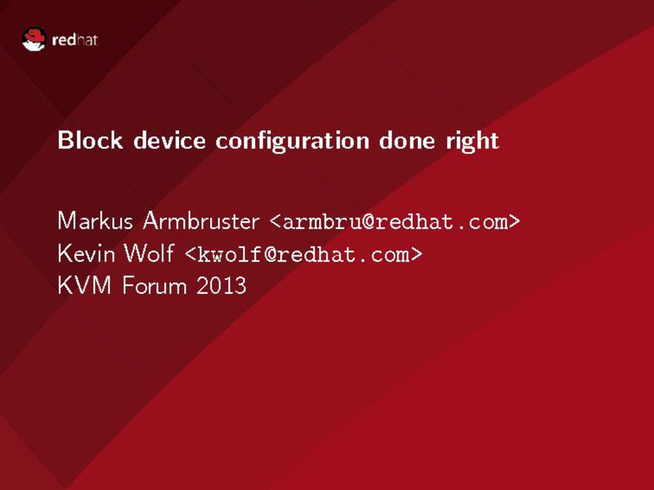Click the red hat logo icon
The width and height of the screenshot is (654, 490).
[x=34, y=39]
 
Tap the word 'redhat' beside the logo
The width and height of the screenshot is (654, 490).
[x=75, y=40]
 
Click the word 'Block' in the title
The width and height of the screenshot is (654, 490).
[x=90, y=140]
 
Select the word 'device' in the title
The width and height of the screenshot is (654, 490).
[x=169, y=140]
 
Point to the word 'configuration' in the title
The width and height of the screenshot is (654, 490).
[x=293, y=141]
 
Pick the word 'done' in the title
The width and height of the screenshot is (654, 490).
[x=407, y=140]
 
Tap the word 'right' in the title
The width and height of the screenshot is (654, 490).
[x=472, y=141]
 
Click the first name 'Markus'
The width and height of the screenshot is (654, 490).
[x=95, y=221]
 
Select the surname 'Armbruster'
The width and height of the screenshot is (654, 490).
[x=201, y=221]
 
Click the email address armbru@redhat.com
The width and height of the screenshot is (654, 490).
[x=395, y=222]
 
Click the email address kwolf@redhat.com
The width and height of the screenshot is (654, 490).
[x=304, y=254]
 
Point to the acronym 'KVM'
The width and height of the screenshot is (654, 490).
[x=84, y=285]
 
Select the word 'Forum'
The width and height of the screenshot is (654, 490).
[x=154, y=285]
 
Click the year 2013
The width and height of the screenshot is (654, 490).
[x=221, y=285]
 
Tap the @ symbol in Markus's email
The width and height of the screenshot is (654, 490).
[x=368, y=221]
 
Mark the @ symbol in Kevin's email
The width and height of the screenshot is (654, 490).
[x=271, y=254]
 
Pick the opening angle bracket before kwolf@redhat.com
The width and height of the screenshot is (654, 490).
[x=191, y=254]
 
